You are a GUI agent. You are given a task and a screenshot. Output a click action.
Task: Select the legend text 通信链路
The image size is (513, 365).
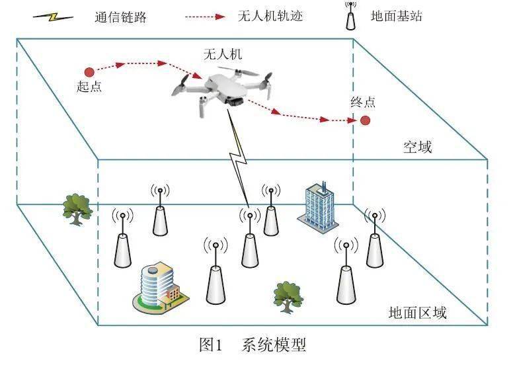[120, 17]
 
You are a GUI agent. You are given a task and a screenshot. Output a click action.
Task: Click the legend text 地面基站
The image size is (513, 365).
[396, 17]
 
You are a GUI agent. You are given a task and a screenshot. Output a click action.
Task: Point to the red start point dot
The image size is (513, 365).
[89, 71]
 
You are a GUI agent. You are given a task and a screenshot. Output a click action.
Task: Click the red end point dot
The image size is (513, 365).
[364, 120]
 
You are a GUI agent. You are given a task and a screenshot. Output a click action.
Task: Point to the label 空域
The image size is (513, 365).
[417, 146]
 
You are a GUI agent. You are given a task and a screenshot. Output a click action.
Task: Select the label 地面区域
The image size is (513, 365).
[416, 312]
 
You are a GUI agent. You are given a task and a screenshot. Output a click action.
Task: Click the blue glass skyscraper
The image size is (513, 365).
[319, 206]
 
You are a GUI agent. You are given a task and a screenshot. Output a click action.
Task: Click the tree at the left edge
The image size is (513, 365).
[77, 208]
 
